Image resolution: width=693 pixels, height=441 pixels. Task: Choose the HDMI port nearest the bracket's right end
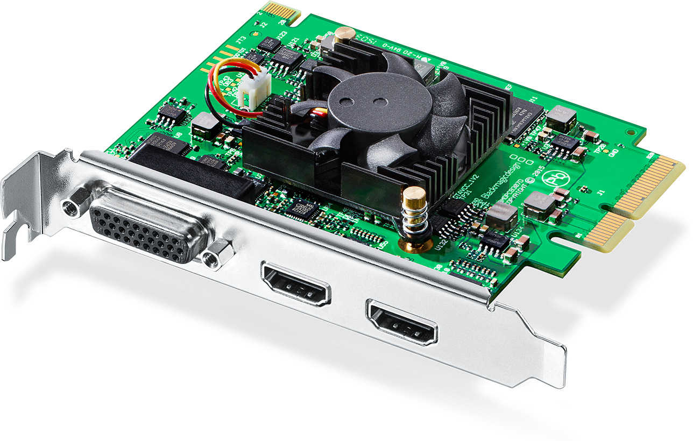[401, 322]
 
